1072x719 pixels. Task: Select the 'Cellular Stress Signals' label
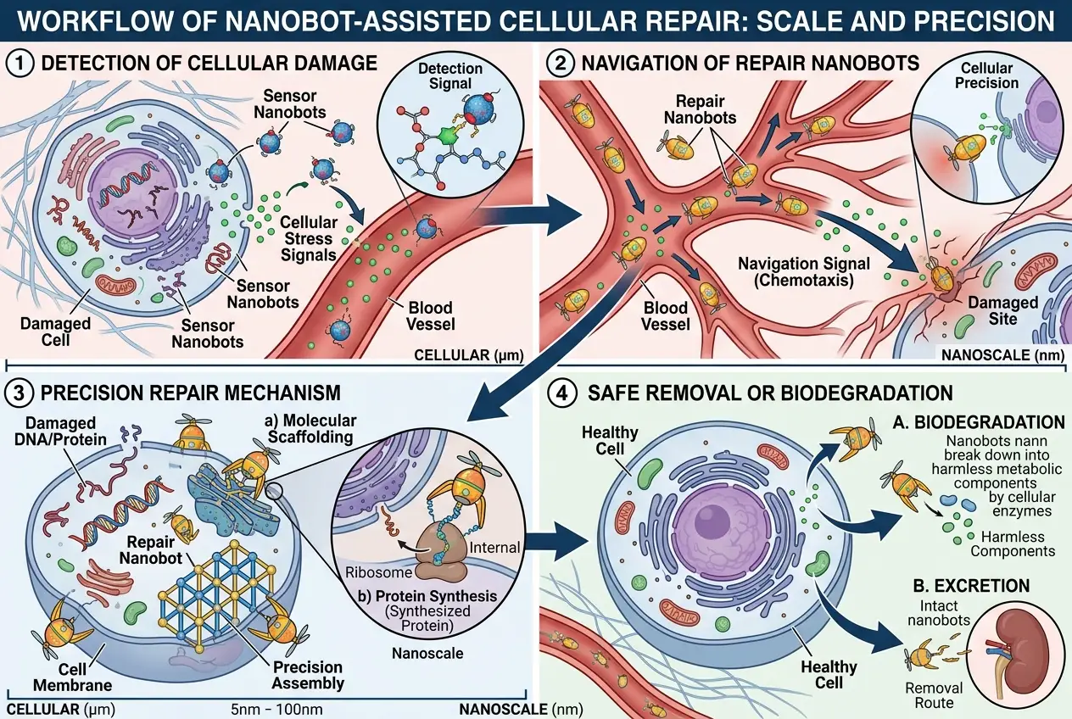coord(308,238)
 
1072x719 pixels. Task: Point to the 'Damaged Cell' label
coord(45,332)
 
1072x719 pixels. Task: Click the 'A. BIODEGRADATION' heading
coord(981,422)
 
